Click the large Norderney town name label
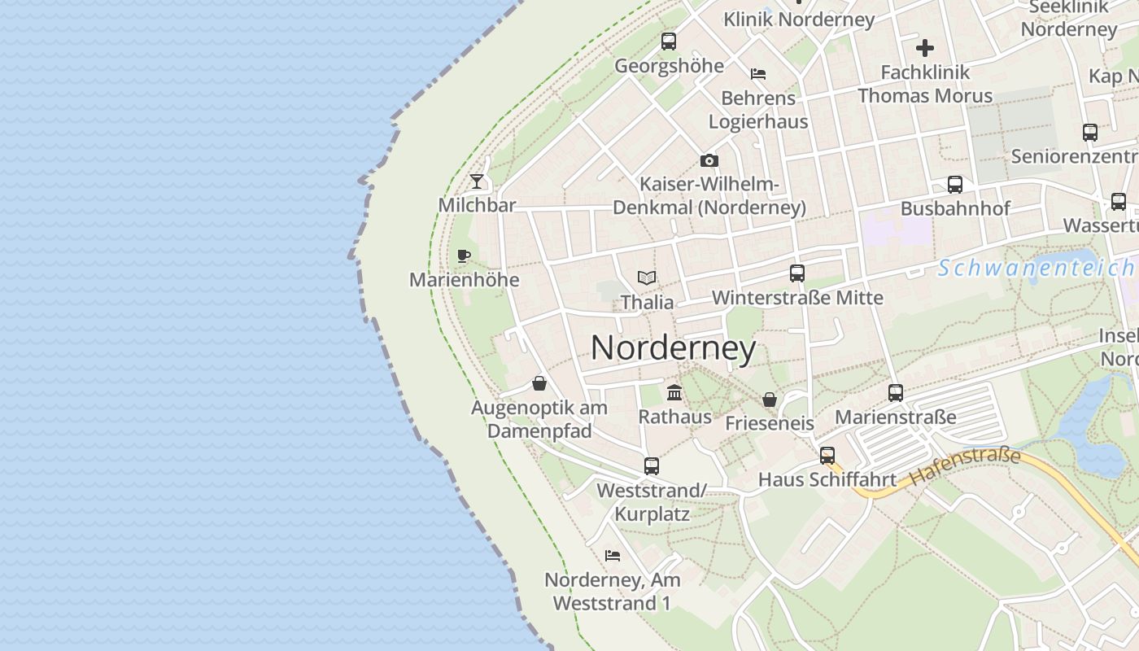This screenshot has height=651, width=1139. [673, 348]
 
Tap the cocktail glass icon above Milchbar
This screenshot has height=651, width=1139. [477, 181]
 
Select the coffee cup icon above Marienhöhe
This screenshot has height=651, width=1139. [464, 256]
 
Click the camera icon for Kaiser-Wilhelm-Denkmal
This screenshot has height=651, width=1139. [709, 160]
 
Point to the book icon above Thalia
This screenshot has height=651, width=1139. [647, 278]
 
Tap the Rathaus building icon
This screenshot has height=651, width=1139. [674, 393]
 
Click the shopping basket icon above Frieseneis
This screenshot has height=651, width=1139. [769, 400]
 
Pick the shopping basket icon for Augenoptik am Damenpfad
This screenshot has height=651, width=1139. [539, 383]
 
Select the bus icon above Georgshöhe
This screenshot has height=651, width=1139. [669, 41]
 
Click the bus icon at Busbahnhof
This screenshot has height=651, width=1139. [955, 185]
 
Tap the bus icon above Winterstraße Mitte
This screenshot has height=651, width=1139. [797, 273]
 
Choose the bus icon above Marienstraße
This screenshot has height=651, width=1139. [896, 393]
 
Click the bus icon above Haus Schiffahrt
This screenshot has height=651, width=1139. [827, 456]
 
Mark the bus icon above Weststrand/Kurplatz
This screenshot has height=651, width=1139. [652, 466]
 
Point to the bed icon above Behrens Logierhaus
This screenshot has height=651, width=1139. [758, 74]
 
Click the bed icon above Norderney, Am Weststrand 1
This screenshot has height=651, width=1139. [613, 556]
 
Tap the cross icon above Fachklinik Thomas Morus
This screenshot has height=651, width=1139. [925, 48]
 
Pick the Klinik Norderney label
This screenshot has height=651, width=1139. [799, 20]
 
